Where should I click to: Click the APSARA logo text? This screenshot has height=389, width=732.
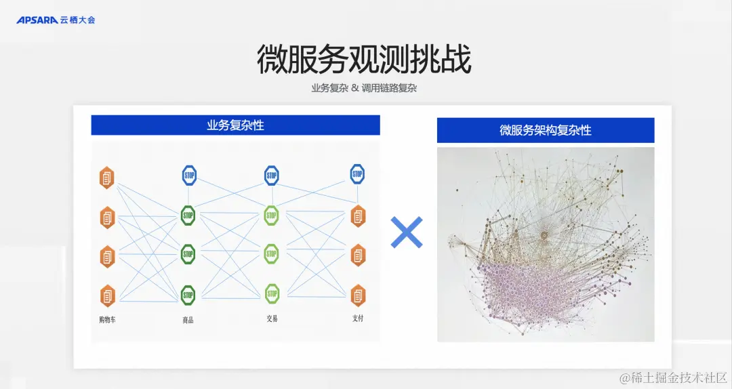(37, 20)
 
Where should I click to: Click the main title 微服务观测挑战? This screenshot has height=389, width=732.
(364, 60)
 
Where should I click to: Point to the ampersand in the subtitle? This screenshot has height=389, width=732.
(354, 88)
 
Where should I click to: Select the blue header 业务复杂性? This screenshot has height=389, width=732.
(235, 125)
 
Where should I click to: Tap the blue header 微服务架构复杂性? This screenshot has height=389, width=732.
(545, 130)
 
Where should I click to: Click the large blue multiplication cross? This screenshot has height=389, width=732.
(407, 232)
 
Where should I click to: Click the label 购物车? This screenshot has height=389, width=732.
(107, 319)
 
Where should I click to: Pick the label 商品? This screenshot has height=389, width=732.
(188, 320)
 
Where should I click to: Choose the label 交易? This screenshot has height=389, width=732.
(272, 319)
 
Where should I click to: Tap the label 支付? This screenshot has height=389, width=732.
(357, 318)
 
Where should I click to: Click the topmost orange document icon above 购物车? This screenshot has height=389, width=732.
(107, 178)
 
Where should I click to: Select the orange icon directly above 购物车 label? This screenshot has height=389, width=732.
(107, 295)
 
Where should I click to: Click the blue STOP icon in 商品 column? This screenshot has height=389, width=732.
(188, 175)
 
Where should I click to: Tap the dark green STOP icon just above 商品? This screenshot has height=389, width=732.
(188, 295)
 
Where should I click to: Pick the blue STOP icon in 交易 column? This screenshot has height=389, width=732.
(272, 175)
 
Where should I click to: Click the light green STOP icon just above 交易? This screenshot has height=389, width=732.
(272, 293)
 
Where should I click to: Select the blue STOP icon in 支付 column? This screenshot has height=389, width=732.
(357, 173)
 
